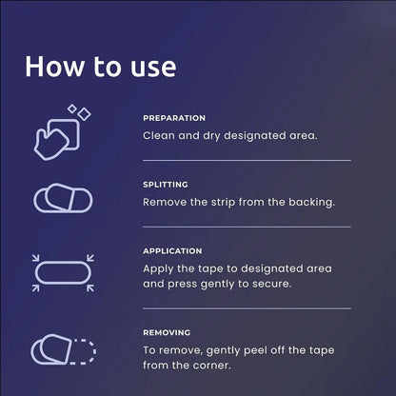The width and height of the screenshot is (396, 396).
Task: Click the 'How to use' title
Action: click(101, 67)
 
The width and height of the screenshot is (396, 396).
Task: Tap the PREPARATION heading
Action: click(174, 118)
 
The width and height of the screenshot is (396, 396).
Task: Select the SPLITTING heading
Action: click(166, 185)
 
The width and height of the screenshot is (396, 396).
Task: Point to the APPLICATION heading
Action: click(172, 251)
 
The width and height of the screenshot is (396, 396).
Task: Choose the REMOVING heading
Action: click(167, 332)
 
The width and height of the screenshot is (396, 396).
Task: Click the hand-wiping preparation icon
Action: click(62, 132)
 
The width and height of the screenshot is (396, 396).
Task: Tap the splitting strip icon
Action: click(63, 198)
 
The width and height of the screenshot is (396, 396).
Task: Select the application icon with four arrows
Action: click(63, 272)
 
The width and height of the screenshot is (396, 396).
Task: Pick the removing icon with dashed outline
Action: click(63, 349)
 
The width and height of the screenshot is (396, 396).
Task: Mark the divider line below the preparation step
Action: click(247, 161)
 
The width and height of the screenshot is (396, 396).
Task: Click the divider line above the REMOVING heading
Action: click(247, 308)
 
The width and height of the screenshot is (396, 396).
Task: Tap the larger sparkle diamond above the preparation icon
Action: click(85, 114)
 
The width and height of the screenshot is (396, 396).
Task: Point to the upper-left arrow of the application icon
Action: click(35, 257)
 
